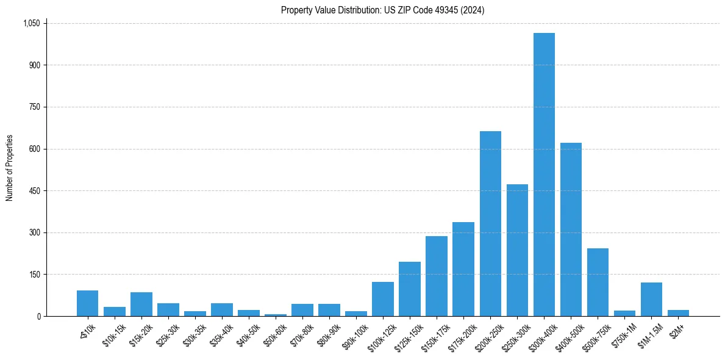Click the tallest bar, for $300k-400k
click(x=544, y=175)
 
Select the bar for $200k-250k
click(x=490, y=224)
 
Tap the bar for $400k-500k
click(x=571, y=229)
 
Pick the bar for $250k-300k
click(x=517, y=250)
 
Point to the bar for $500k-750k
click(x=598, y=282)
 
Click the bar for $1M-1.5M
click(x=651, y=300)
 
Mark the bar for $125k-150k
click(x=410, y=289)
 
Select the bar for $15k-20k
click(x=141, y=304)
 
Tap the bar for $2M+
click(x=678, y=313)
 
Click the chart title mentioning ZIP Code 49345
click(x=383, y=10)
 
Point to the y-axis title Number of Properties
click(x=10, y=168)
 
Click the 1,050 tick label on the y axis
click(x=31, y=23)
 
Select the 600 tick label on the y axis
click(x=35, y=149)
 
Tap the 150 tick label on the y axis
click(x=35, y=275)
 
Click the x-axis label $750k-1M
click(x=625, y=333)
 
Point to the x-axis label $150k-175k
click(x=436, y=334)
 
